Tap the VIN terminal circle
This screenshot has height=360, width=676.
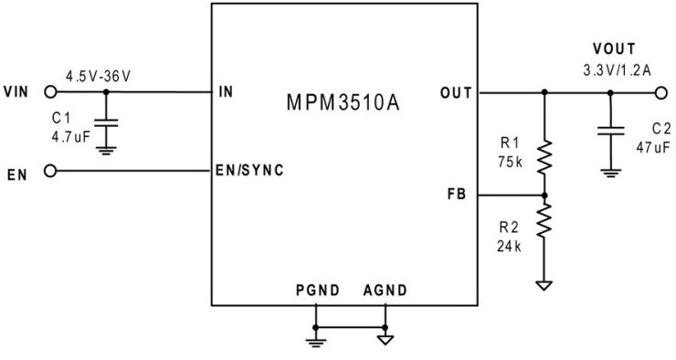coord(51,92)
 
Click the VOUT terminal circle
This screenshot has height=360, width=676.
coord(649,92)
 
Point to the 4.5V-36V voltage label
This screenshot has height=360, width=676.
coord(98,75)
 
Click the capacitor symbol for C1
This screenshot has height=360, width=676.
coord(107,122)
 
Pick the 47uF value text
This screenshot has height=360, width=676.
coord(653,146)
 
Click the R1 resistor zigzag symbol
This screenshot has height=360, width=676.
coord(544,157)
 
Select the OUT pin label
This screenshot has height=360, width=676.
coord(456,92)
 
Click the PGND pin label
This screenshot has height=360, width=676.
coord(317,291)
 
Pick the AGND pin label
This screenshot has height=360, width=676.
coord(385,291)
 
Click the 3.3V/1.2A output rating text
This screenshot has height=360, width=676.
coord(617,69)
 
